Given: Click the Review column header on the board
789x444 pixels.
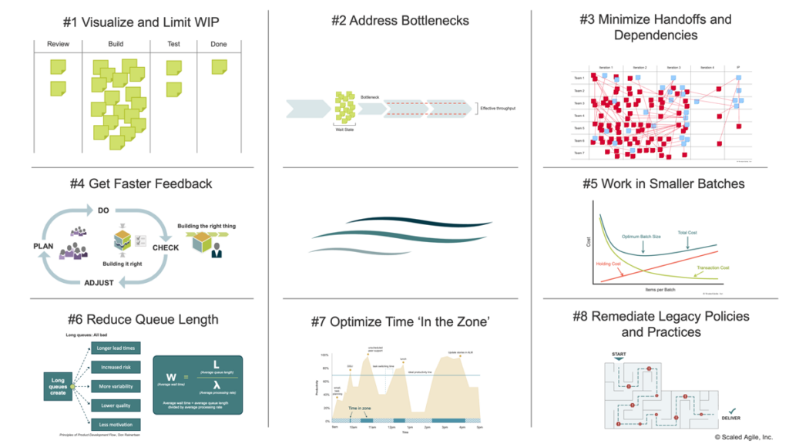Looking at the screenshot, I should (58, 44).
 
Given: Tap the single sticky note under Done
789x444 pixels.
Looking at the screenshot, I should (220, 67).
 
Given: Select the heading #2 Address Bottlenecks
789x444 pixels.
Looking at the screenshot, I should (400, 21).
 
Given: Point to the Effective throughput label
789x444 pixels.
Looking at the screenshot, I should (498, 108).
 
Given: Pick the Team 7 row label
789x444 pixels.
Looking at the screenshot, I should (579, 153).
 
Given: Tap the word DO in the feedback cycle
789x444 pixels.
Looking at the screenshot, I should (103, 210).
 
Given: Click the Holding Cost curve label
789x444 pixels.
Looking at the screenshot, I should (609, 264).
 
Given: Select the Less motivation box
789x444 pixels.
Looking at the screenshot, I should (116, 424).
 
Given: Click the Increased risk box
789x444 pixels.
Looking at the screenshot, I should (116, 367).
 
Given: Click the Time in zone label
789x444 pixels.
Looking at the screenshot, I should (361, 408).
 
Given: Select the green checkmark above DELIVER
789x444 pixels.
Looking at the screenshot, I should (733, 412).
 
